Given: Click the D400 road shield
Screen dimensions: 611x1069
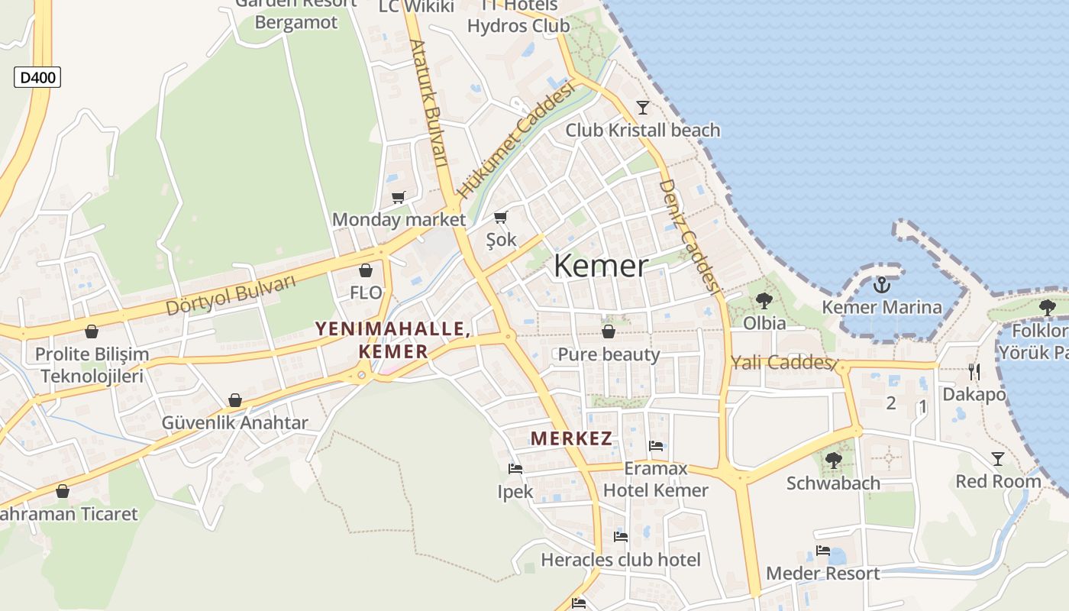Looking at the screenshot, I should (37, 77).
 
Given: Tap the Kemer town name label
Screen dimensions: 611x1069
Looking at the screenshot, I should (601, 266).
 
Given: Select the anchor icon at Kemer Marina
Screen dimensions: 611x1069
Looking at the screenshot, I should (882, 286).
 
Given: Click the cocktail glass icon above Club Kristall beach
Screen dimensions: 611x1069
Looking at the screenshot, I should (643, 108).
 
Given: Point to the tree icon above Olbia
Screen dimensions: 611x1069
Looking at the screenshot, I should (764, 301).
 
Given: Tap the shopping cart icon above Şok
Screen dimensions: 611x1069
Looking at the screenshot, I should (501, 218).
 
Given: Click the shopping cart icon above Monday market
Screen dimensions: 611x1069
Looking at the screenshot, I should (398, 198).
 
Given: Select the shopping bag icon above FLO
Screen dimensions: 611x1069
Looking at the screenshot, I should (366, 270).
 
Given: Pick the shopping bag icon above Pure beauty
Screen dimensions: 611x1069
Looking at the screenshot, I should (609, 331).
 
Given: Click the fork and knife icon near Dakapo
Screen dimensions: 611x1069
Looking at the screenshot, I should (974, 372).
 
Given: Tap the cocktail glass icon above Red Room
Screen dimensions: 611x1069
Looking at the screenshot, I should (998, 459).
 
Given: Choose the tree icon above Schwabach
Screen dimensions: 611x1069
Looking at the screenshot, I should (833, 461).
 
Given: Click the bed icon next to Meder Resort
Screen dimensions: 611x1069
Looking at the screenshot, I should (822, 551).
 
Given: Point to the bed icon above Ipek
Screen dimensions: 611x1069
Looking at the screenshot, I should (515, 469).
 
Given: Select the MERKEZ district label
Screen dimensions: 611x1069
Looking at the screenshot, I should (572, 438).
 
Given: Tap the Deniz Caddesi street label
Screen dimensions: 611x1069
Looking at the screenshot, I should (690, 237).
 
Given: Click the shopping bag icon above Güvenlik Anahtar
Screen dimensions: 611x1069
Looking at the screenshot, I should (235, 401).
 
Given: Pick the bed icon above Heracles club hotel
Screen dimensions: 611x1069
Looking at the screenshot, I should (620, 537).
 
